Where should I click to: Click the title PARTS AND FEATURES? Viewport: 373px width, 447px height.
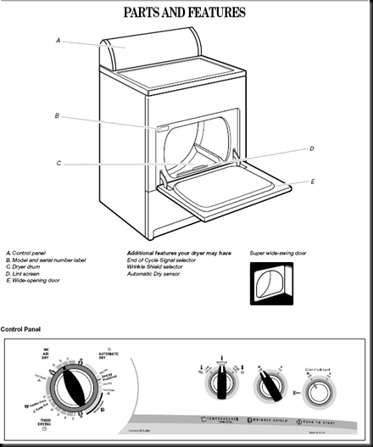tap(185, 13)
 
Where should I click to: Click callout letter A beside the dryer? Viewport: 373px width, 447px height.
tap(58, 40)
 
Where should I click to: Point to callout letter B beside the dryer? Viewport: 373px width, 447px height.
tap(57, 116)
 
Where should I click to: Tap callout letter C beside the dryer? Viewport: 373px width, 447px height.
tap(58, 163)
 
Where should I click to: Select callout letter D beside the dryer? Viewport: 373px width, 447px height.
tap(311, 148)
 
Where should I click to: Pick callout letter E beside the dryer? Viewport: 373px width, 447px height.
tap(313, 182)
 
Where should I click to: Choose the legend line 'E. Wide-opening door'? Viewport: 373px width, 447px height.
tap(33, 280)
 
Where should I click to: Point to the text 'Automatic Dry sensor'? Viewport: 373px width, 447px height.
tap(156, 273)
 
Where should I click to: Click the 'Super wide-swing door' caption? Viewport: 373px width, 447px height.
tap(276, 253)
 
